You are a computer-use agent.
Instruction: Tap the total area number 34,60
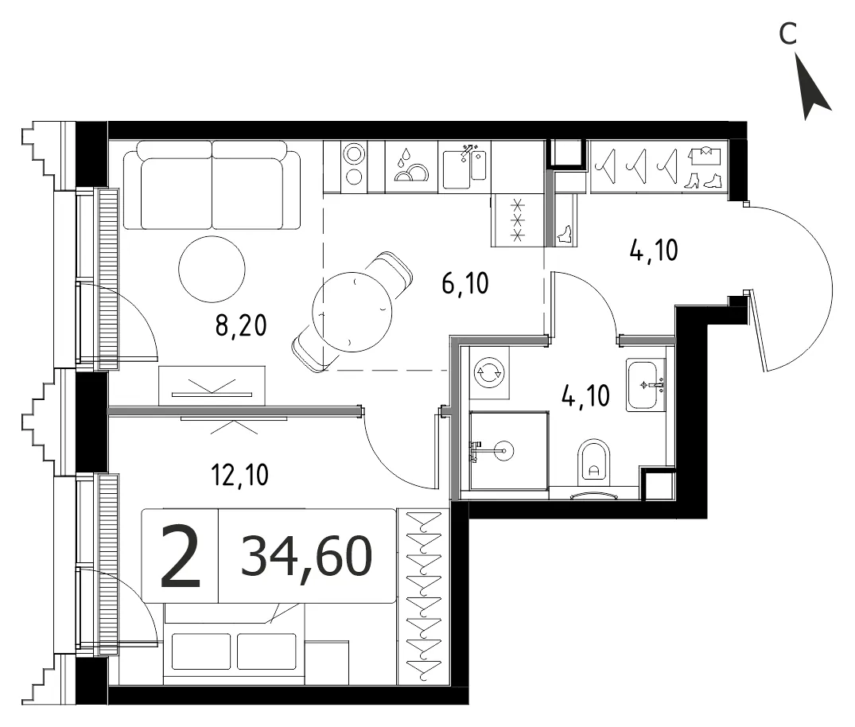[307, 556]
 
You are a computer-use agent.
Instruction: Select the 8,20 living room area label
[241, 326]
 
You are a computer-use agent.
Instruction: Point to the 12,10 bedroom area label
[240, 475]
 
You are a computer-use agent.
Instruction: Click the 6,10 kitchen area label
[465, 284]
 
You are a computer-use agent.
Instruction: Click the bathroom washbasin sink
[646, 385]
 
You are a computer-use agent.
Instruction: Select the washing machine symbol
[490, 373]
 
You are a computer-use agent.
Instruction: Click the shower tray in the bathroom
[509, 450]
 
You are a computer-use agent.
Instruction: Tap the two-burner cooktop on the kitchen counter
[354, 165]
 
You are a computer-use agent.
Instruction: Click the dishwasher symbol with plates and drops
[411, 165]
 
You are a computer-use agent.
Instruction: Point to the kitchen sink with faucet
[464, 165]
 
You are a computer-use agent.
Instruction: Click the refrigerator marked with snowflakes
[518, 221]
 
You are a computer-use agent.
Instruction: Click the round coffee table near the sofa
[212, 269]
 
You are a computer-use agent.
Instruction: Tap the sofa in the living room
[212, 185]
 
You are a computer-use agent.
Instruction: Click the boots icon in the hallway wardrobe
[703, 181]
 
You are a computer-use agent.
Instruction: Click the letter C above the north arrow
[788, 34]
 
